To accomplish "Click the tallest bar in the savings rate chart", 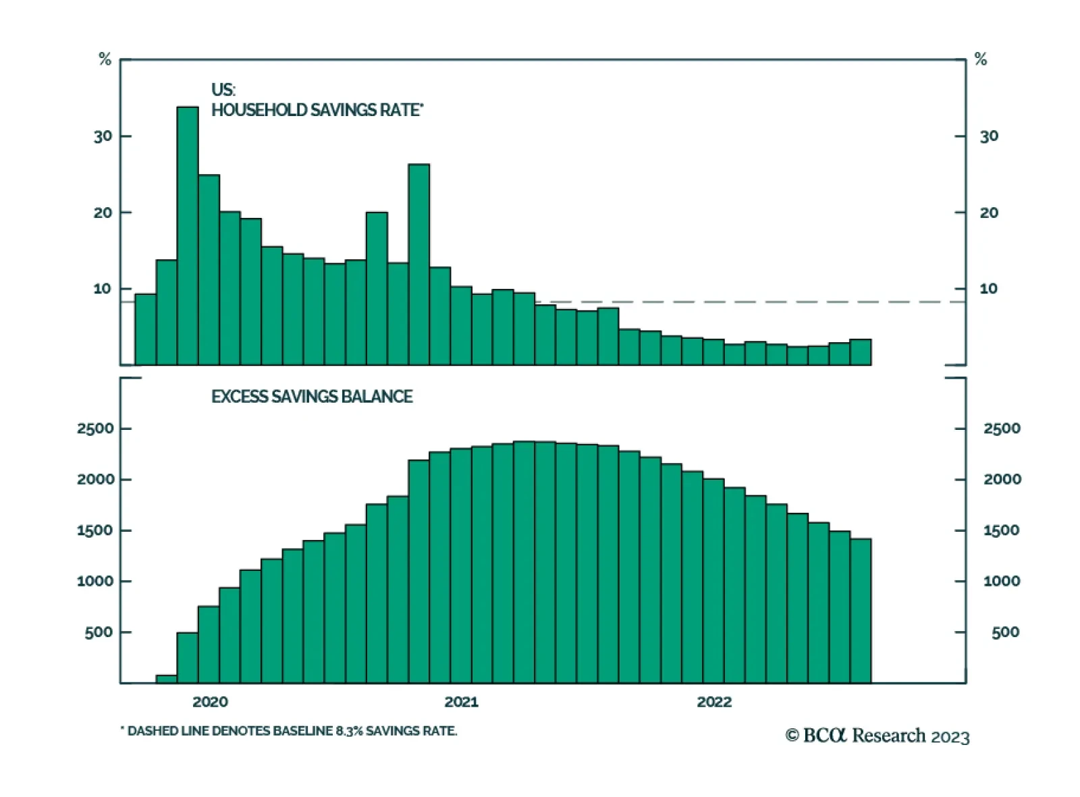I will pyautogui.click(x=188, y=236).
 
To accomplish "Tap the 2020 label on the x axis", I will pyautogui.click(x=210, y=702).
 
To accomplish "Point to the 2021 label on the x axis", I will pyautogui.click(x=461, y=702).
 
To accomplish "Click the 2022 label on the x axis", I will pyautogui.click(x=714, y=702).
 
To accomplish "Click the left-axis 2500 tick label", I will pyautogui.click(x=95, y=429).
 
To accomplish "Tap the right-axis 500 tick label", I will pyautogui.click(x=1005, y=632).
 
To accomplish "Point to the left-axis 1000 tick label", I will pyautogui.click(x=95, y=581).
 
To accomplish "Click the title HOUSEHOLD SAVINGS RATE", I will pyautogui.click(x=317, y=110).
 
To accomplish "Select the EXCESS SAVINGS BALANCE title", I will pyautogui.click(x=312, y=397).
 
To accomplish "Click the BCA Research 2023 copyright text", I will pyautogui.click(x=877, y=736).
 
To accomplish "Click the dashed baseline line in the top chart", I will pyautogui.click(x=742, y=302).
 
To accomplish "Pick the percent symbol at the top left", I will pyautogui.click(x=105, y=59).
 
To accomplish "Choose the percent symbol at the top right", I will pyautogui.click(x=981, y=59).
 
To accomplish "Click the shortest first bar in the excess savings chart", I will pyautogui.click(x=166, y=679).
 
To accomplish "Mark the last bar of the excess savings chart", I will pyautogui.click(x=861, y=611).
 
